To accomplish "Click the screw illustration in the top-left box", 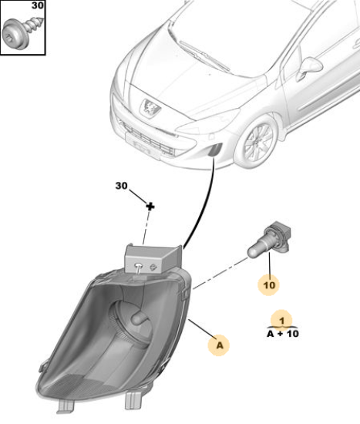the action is coord(22,32).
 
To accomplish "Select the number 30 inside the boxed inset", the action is coord(37,5).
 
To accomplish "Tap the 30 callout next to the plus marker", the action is coord(121,186).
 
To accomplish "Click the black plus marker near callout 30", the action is coord(150,207).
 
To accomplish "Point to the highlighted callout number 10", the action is coord(269,285).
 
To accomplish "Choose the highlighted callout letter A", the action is coord(220,345).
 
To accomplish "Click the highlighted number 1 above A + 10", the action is coord(282,321).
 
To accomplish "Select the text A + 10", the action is coord(283,334).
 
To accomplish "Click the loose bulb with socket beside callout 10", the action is coord(269,240).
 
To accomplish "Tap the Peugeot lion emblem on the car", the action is coord(150,108).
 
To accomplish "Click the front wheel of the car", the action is coord(255,141).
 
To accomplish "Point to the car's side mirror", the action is coord(309,69).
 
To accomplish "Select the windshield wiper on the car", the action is coord(204,55).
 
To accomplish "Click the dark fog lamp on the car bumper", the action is coord(215,150).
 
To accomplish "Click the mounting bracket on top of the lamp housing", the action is coord(153,259).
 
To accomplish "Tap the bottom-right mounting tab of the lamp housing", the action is coord(133,400).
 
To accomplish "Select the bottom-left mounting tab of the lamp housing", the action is coord(66,406).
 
